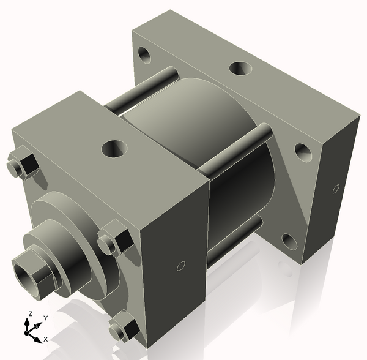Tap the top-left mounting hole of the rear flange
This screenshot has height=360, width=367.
click(x=145, y=55)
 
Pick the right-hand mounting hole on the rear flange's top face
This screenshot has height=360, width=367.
click(x=303, y=151)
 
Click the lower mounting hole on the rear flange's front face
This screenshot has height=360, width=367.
click(x=289, y=241)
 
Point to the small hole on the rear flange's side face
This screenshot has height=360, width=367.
click(x=335, y=189)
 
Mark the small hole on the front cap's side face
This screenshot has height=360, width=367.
click(x=180, y=266)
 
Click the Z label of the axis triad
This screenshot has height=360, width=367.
click(x=29, y=314)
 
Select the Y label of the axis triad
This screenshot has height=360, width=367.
click(x=45, y=318)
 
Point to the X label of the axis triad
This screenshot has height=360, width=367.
click(x=45, y=339)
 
